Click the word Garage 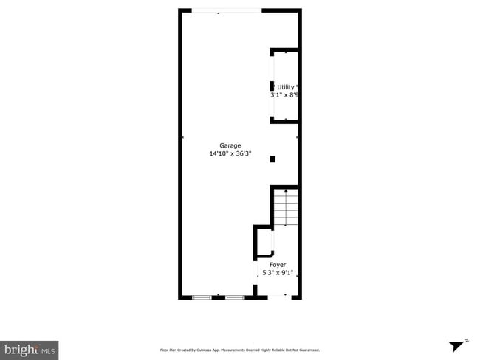point(230,145)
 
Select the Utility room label point(285,87)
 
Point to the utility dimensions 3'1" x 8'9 point(285,95)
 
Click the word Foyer point(277,264)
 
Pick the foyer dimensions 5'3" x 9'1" point(278,273)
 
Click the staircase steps point(286,209)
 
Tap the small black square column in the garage point(272,159)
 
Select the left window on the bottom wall point(202,297)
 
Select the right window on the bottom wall point(235,297)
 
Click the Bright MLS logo point(30,349)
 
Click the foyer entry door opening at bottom point(278,297)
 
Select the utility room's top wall point(285,50)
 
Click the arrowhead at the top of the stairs point(286,191)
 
